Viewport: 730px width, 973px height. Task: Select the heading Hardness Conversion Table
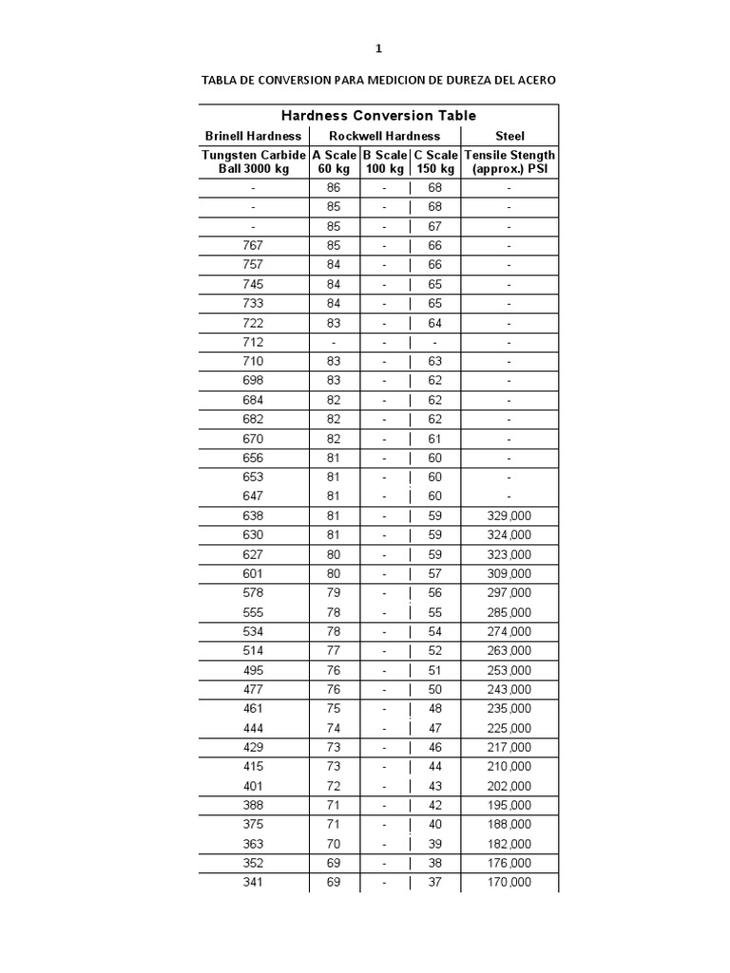[378, 116]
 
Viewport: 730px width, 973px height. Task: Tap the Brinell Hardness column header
[253, 136]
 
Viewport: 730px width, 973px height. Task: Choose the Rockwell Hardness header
[384, 136]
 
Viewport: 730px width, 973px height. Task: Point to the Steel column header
[509, 136]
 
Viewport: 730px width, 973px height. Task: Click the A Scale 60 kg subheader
[334, 162]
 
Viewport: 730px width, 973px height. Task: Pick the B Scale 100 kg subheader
[384, 162]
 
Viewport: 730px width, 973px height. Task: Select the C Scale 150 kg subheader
[435, 162]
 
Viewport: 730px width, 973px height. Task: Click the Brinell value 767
[253, 245]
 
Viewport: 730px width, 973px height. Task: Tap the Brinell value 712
[253, 342]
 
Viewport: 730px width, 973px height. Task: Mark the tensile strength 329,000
[509, 516]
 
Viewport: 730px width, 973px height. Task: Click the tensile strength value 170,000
[509, 883]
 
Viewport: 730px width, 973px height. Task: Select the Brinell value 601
[253, 574]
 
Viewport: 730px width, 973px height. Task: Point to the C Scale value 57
[435, 574]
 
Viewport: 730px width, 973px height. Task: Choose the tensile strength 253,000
[509, 671]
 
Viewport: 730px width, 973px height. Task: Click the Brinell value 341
[253, 883]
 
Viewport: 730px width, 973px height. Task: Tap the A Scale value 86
[334, 187]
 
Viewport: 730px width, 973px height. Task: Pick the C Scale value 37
[435, 883]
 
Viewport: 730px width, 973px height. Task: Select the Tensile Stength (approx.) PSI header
[509, 162]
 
